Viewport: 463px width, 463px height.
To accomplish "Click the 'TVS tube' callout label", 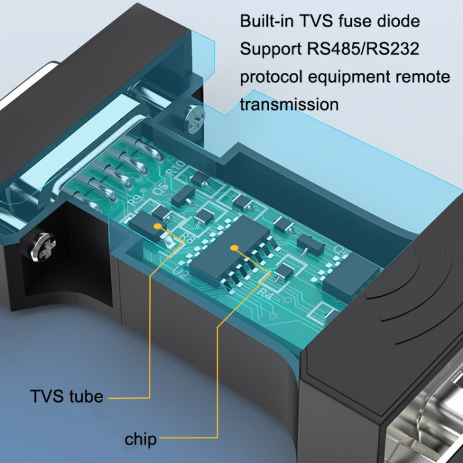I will coord(67,396).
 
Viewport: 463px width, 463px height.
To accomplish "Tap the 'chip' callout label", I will coord(140,440).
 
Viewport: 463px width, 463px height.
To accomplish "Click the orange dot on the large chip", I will coord(234,248).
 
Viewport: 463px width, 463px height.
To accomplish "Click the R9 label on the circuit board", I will coord(133,201).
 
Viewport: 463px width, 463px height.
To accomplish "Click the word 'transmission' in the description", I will coord(289,104).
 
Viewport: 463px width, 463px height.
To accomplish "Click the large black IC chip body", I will coord(231,253).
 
